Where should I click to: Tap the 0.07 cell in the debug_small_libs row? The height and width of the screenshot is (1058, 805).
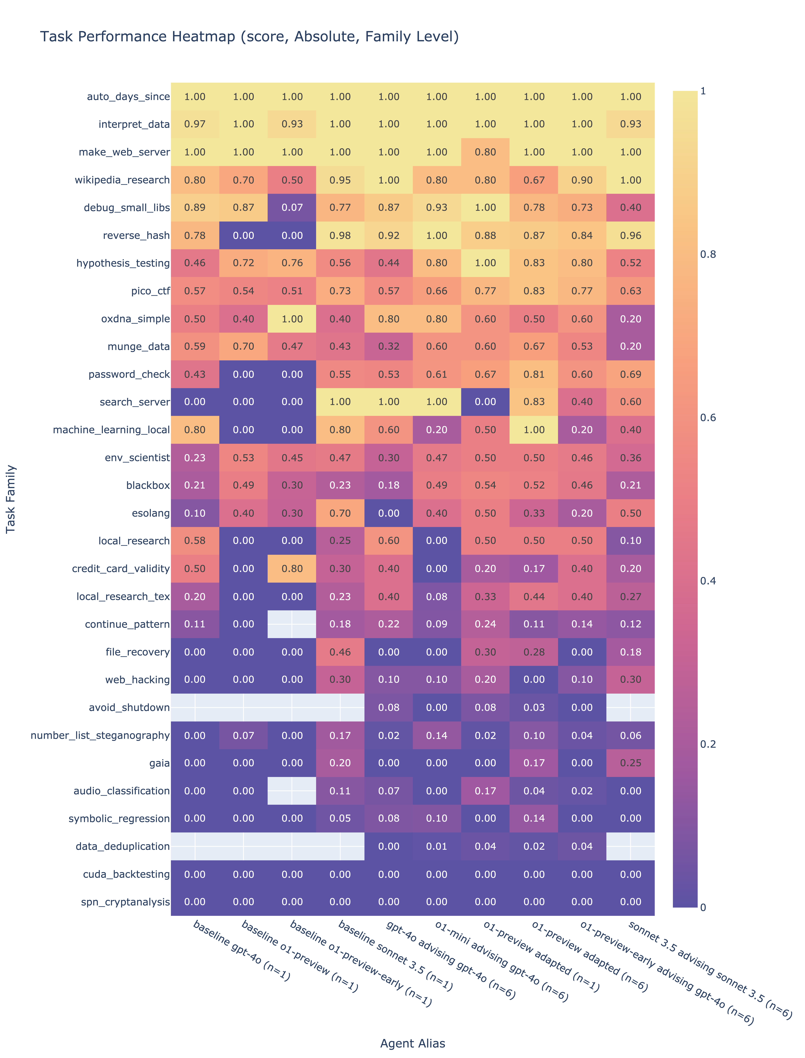[x=292, y=208]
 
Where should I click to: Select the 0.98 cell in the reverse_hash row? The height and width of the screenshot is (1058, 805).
[x=340, y=235]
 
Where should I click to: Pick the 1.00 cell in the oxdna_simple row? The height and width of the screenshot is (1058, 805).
[x=292, y=319]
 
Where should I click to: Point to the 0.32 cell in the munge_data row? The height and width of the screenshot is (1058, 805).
[x=389, y=346]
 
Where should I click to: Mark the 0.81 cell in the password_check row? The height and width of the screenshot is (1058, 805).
[x=534, y=374]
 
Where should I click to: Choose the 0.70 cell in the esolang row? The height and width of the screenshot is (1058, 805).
[x=340, y=513]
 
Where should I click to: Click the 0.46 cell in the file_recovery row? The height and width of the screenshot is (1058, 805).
[x=340, y=652]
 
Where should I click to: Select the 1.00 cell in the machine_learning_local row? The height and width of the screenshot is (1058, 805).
[x=534, y=430]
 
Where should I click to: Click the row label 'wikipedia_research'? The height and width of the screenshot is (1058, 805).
[x=122, y=180]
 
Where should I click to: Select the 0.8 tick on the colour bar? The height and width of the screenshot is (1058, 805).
[x=708, y=254]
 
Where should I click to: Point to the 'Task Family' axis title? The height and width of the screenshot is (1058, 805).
[x=10, y=499]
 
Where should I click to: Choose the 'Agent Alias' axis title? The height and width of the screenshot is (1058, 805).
[x=413, y=1043]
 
